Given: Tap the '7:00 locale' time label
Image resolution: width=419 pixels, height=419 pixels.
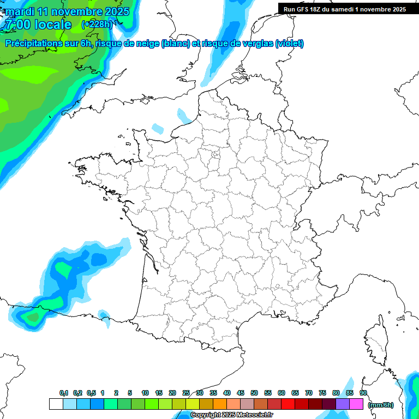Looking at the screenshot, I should pyautogui.click(x=38, y=25).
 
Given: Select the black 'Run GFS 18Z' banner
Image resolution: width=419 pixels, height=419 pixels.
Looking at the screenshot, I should pyautogui.click(x=344, y=9).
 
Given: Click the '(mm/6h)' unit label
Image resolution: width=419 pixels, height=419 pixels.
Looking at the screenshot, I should pyautogui.click(x=381, y=404).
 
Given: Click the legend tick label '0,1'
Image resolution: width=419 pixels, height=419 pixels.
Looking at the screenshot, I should pyautogui.click(x=64, y=393).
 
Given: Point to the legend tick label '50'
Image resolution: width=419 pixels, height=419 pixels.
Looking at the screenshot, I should pyautogui.click(x=254, y=393).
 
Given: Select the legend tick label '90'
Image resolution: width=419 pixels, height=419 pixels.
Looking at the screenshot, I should pyautogui.click(x=363, y=393).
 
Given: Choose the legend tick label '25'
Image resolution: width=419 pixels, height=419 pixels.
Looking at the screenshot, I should pyautogui.click(x=186, y=393).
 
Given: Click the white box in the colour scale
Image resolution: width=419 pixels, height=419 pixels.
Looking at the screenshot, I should pyautogui.click(x=56, y=404).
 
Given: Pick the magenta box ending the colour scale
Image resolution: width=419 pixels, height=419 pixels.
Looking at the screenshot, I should pyautogui.click(x=356, y=404).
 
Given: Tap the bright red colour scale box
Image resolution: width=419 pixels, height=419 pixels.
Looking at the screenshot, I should pyautogui.click(x=288, y=404).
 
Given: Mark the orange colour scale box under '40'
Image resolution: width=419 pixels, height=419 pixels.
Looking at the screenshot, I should pyautogui.click(x=220, y=404).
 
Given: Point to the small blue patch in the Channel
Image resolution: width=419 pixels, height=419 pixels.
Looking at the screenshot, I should pyautogui.click(x=158, y=129).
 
